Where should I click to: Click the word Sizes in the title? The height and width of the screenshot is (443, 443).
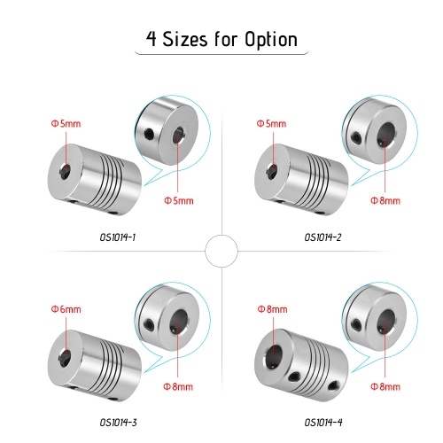coord(185,39)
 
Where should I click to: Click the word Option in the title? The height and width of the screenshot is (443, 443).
coord(271,40)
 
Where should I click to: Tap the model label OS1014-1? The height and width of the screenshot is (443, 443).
coord(118,237)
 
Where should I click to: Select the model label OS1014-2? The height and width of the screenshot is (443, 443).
coord(323,237)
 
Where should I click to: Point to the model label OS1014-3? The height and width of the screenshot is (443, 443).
coord(118,423)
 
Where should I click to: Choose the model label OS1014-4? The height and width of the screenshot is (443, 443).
coord(323,423)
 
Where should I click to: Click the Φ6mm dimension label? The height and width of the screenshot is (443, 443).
coord(66,309)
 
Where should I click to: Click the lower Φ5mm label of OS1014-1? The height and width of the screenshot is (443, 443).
coord(179,201)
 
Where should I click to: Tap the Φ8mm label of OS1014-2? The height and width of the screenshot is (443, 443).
coord(385,201)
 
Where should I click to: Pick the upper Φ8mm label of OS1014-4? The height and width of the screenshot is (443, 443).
coord(272,309)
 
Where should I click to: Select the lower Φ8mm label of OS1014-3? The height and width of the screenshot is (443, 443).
coord(178,386)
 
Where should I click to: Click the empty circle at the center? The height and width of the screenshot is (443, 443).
coord(221,251)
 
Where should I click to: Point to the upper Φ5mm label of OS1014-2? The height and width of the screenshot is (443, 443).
coord(271,123)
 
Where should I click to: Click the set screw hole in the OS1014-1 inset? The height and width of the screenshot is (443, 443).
coord(150,134)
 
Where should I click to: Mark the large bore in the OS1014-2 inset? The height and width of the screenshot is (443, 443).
coord(386,135)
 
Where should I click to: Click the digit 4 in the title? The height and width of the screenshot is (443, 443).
coord(152,39)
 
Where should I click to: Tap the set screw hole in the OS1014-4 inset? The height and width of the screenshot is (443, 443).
coord(357,324)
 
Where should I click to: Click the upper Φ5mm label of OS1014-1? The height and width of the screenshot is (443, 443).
coord(66,123)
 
